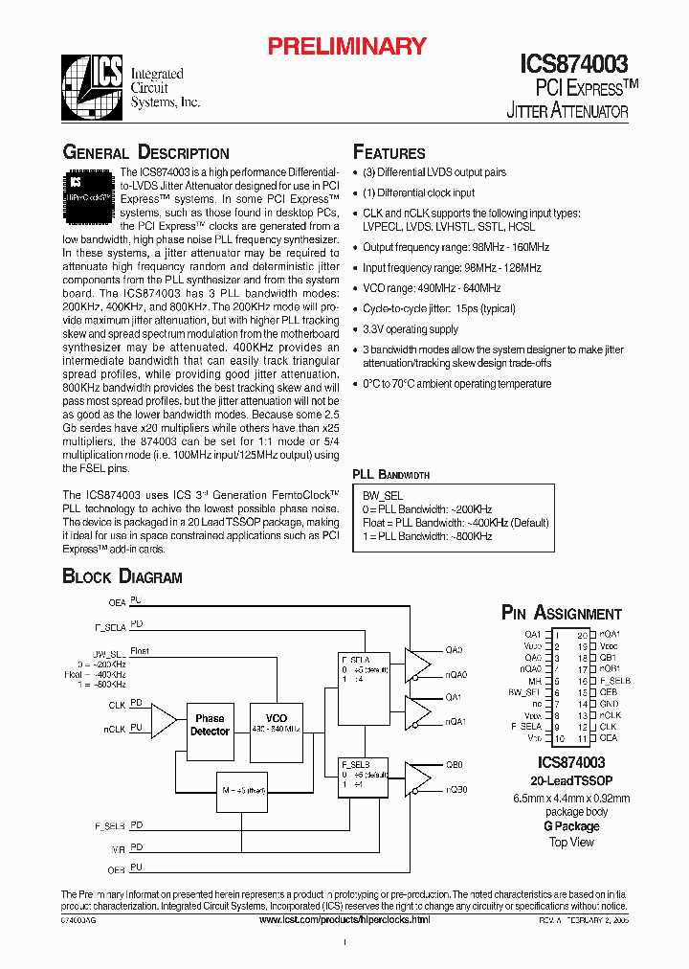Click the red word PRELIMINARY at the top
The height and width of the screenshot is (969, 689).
(345, 46)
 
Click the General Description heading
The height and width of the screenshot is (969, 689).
(145, 153)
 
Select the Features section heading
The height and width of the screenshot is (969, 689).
(389, 153)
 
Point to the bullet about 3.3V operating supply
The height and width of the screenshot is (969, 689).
(410, 329)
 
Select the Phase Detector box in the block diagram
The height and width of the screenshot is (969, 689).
(210, 724)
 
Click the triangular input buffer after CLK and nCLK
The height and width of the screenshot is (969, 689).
(164, 715)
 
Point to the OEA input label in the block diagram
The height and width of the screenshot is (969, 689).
(117, 602)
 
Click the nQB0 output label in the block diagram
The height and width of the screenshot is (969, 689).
(456, 790)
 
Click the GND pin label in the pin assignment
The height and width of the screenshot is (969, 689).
(609, 703)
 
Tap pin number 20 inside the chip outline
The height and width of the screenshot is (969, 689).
(582, 634)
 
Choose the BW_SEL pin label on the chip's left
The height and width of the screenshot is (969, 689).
(524, 691)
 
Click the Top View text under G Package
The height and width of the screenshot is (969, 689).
(571, 843)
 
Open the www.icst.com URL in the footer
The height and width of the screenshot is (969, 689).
(344, 919)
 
